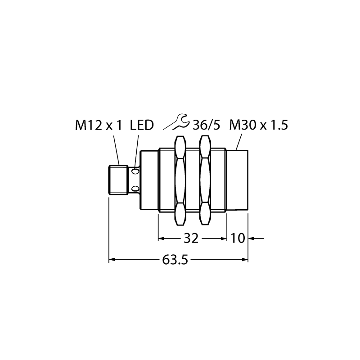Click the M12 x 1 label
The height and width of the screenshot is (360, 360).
tap(98, 126)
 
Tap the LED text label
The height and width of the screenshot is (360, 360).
tap(142, 126)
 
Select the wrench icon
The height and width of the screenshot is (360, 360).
tap(176, 121)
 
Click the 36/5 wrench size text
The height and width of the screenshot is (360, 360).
tap(206, 126)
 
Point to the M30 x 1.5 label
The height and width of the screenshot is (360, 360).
tap(258, 126)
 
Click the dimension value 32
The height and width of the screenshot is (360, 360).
tap(191, 238)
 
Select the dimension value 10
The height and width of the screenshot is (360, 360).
tap(238, 238)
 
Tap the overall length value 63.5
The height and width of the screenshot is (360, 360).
tap(175, 260)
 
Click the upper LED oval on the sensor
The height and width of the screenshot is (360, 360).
tap(135, 171)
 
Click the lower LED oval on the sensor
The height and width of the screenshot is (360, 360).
tap(135, 189)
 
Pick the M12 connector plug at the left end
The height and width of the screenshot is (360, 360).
tap(118, 180)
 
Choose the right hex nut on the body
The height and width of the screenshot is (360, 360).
tap(205, 180)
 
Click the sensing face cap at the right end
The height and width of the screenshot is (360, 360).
tap(238, 180)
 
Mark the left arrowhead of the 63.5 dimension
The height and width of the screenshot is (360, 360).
tap(112, 260)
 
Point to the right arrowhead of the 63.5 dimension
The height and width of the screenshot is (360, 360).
tap(245, 260)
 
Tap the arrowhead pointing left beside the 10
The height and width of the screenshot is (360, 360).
tap(252, 238)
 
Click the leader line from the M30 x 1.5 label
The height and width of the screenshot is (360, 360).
tap(239, 142)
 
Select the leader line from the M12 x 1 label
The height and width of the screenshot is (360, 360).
tap(117, 150)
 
